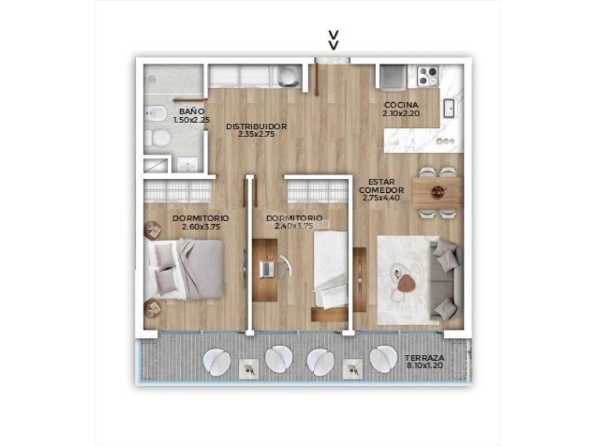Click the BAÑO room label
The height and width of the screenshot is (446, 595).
tap(192, 111)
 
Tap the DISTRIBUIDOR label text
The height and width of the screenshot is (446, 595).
tap(256, 126)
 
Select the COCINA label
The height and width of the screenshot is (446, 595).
tap(401, 105)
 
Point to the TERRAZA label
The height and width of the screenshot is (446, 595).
tap(424, 358)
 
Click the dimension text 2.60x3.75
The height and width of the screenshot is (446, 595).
tap(201, 227)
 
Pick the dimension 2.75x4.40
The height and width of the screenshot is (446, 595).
tap(381, 197)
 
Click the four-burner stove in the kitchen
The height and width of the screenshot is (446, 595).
tap(428, 75)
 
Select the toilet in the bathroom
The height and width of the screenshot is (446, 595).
tap(157, 138)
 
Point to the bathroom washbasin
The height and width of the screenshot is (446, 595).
tap(187, 164)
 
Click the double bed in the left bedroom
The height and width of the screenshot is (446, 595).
tap(184, 269)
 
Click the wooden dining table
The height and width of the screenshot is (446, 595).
tap(437, 192)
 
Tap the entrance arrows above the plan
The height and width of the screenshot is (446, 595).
tap(334, 41)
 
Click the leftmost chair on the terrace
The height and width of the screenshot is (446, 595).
tap(217, 362)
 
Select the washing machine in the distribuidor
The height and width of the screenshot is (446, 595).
tap(288, 76)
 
